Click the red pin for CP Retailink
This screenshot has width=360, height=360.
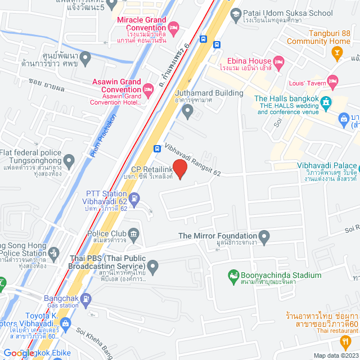(x=179, y=169)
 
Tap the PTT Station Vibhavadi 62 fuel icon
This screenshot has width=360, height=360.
(x=135, y=198)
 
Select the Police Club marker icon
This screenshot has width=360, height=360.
(x=134, y=233)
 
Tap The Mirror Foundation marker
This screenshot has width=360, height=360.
(x=265, y=236)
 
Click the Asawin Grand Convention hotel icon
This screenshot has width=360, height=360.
(x=148, y=89)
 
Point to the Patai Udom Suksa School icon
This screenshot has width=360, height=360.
(x=236, y=12)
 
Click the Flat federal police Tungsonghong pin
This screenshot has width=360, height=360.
(x=70, y=162)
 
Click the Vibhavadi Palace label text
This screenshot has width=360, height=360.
(x=326, y=166)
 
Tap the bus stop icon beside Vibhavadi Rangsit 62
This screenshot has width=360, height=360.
(x=158, y=150)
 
